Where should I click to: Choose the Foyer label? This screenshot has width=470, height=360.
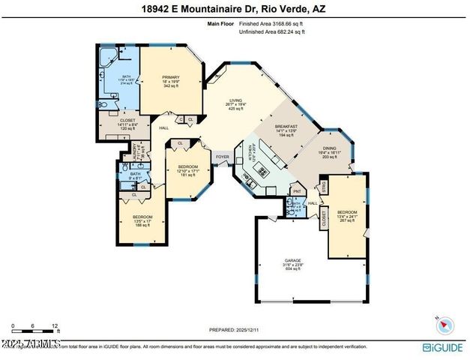tap(223, 157)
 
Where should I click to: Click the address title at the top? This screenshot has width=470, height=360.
tap(235, 10)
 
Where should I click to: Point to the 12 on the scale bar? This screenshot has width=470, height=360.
tap(55, 326)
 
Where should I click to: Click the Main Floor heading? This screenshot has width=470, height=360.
tap(221, 24)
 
